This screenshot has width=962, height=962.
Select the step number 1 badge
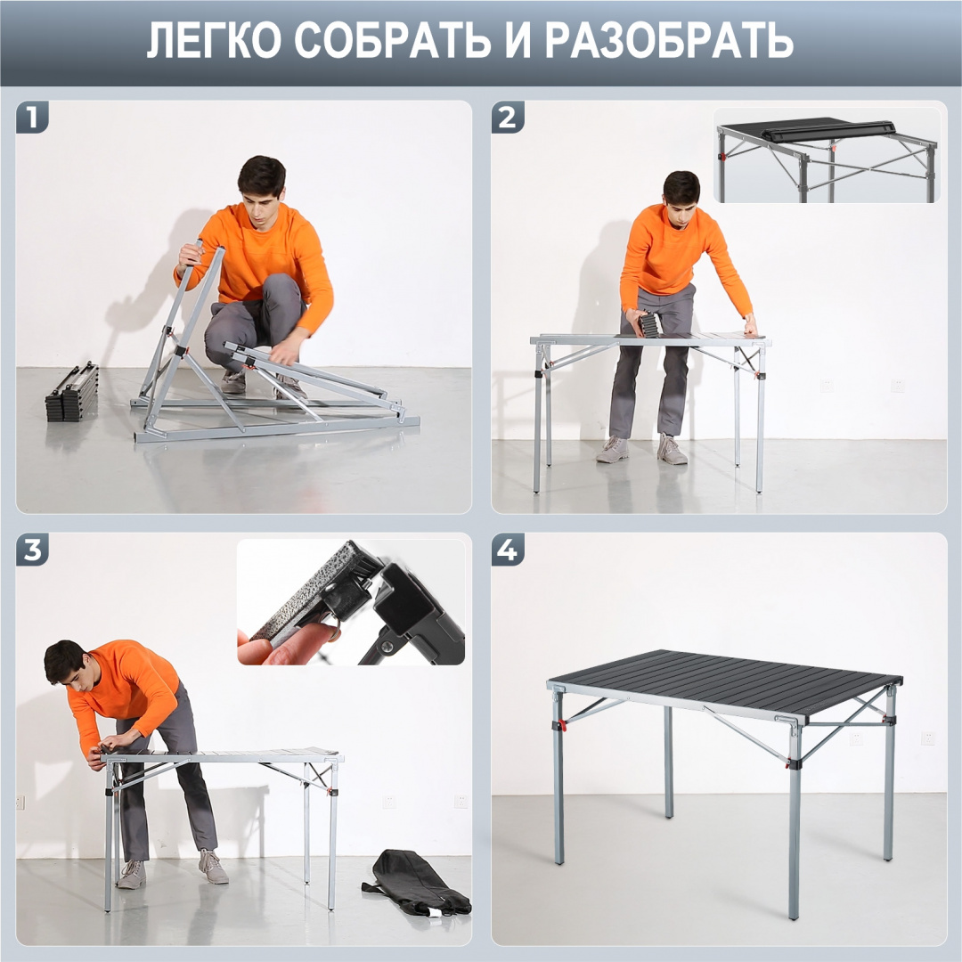coord(32,118)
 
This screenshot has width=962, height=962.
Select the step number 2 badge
coord(508,118)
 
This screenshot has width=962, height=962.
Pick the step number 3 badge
coord(32,550)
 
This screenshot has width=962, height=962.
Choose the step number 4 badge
coord(508,550)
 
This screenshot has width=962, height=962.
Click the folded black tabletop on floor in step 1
coord(72,393)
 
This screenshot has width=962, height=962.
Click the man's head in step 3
coord(67,663)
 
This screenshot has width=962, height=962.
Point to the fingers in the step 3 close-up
coord(294,643)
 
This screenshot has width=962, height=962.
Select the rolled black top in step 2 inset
coord(828,131)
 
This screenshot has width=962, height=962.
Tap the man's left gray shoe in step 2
coord(613,450)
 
